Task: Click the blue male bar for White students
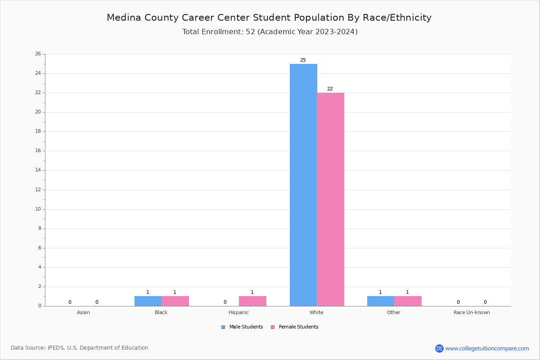(x=303, y=184)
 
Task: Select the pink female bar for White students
(x=330, y=199)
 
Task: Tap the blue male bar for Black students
(x=148, y=301)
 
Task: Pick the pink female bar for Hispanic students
(x=252, y=301)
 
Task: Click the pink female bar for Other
(x=408, y=301)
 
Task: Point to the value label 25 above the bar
(x=303, y=60)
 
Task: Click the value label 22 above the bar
(x=330, y=89)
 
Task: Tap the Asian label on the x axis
(x=83, y=312)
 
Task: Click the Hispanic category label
(x=238, y=312)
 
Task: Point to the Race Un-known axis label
(x=472, y=312)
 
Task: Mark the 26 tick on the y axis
(x=38, y=54)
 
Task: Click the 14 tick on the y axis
(x=38, y=170)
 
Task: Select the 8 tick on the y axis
(x=39, y=229)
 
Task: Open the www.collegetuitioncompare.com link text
(x=487, y=348)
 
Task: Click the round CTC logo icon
(x=439, y=348)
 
